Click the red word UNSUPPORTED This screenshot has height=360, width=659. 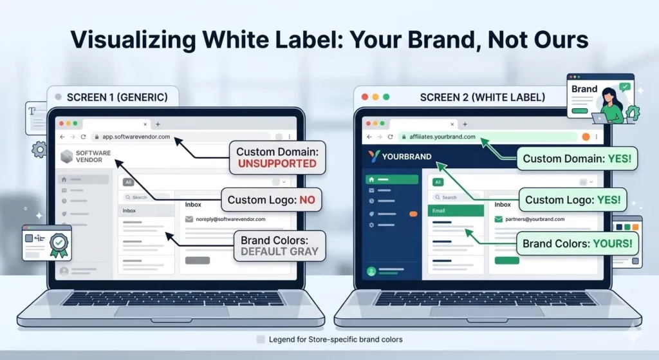(x=277, y=164)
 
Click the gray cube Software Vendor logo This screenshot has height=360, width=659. (x=67, y=156)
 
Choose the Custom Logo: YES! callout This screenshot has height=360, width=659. (x=573, y=200)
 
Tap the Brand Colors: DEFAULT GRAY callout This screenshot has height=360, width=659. (x=279, y=245)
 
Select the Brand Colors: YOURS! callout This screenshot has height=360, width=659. (x=577, y=244)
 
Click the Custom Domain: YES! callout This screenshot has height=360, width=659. (x=576, y=158)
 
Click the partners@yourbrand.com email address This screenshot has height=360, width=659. (x=534, y=219)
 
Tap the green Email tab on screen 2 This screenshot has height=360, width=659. (x=455, y=211)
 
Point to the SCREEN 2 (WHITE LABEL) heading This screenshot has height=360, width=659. (x=482, y=97)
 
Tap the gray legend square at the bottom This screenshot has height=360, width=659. (x=260, y=339)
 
